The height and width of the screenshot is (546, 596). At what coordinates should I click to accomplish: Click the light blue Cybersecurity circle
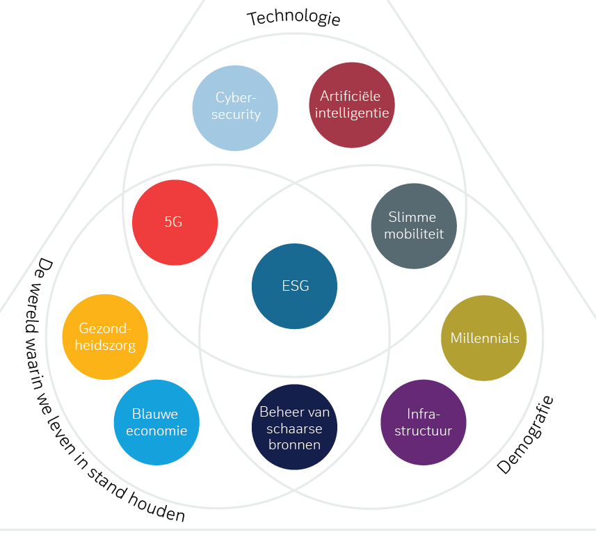coord(235,107)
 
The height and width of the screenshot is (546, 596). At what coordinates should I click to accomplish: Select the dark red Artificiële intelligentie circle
coord(351,105)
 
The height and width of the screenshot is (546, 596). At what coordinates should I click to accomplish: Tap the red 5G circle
coord(175,223)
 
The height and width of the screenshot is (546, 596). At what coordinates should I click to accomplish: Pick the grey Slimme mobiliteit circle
coord(414,226)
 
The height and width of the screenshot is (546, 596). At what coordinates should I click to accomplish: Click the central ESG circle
coord(295,286)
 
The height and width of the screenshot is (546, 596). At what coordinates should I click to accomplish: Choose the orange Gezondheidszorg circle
coord(105,337)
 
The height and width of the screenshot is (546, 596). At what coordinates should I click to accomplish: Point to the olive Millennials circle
coord(484,338)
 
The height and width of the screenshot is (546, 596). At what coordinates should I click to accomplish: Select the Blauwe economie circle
coord(156,422)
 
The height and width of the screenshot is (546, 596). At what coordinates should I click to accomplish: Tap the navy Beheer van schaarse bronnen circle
coord(294,427)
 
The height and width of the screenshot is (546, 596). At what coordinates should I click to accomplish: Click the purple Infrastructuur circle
coord(424,422)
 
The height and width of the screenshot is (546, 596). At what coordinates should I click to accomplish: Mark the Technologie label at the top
coord(293,17)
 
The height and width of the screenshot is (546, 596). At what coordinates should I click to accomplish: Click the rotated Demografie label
coord(526,435)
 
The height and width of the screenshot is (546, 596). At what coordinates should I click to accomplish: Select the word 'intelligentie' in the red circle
coord(351,113)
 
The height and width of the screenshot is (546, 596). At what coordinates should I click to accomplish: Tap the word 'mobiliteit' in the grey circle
coord(414,234)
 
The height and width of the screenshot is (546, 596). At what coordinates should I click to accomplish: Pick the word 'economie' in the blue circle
coord(156,431)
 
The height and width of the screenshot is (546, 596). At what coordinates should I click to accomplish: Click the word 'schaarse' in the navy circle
coord(295,428)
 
